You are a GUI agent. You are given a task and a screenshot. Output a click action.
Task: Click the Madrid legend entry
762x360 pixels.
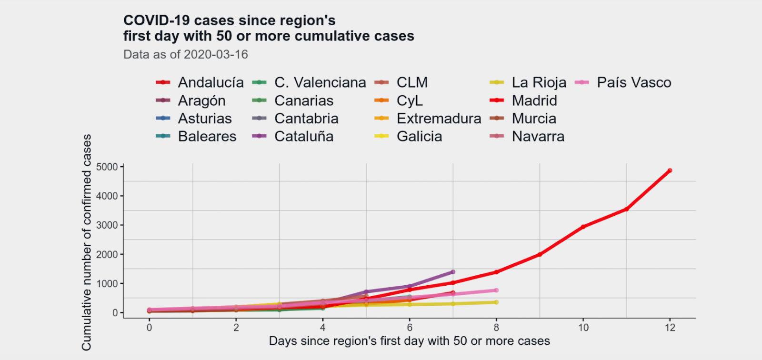pyautogui.click(x=534, y=100)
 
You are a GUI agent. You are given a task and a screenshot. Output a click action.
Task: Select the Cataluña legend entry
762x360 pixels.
pyautogui.click(x=303, y=137)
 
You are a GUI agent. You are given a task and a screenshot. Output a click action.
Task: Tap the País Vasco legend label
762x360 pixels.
pyautogui.click(x=633, y=82)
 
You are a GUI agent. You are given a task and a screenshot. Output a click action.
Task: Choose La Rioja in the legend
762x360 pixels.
pyautogui.click(x=539, y=82)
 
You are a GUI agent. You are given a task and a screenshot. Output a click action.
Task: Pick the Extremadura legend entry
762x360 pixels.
pyautogui.click(x=439, y=119)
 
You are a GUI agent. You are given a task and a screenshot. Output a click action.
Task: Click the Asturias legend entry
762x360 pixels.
pyautogui.click(x=204, y=119)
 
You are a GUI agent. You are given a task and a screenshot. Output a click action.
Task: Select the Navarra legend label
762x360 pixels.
pyautogui.click(x=538, y=137)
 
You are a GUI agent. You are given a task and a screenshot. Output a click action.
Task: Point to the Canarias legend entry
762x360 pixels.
pyautogui.click(x=303, y=100)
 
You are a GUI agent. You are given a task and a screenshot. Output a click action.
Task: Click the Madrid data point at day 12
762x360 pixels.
pyautogui.click(x=670, y=170)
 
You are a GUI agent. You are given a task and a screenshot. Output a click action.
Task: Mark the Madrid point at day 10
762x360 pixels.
pyautogui.click(x=583, y=227)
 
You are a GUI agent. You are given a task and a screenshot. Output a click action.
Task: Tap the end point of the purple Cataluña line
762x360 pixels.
pyautogui.click(x=453, y=272)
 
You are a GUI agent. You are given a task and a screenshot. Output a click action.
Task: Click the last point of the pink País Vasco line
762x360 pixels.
pyautogui.click(x=496, y=290)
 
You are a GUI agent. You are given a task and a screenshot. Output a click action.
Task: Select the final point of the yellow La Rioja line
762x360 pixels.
pyautogui.click(x=496, y=302)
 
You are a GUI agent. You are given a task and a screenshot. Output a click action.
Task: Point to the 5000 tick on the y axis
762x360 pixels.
pyautogui.click(x=107, y=167)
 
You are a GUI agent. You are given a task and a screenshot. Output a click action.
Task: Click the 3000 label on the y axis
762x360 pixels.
pyautogui.click(x=107, y=225)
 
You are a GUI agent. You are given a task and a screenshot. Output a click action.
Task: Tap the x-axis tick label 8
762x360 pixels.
pyautogui.click(x=496, y=328)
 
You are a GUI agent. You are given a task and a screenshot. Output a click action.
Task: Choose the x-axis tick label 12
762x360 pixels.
pyautogui.click(x=670, y=328)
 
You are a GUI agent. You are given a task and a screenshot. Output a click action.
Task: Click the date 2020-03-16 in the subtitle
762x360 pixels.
pyautogui.click(x=216, y=54)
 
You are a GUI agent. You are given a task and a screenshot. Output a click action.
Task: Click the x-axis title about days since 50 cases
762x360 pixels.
pyautogui.click(x=409, y=341)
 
